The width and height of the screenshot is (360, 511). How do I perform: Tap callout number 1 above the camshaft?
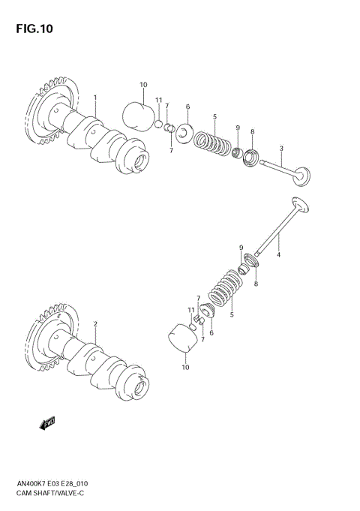tap(95, 98)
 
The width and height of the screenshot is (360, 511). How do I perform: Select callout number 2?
tap(95, 323)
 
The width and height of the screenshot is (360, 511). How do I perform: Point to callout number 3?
tap(280, 147)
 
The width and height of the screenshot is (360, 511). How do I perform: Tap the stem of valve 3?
tap(274, 167)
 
